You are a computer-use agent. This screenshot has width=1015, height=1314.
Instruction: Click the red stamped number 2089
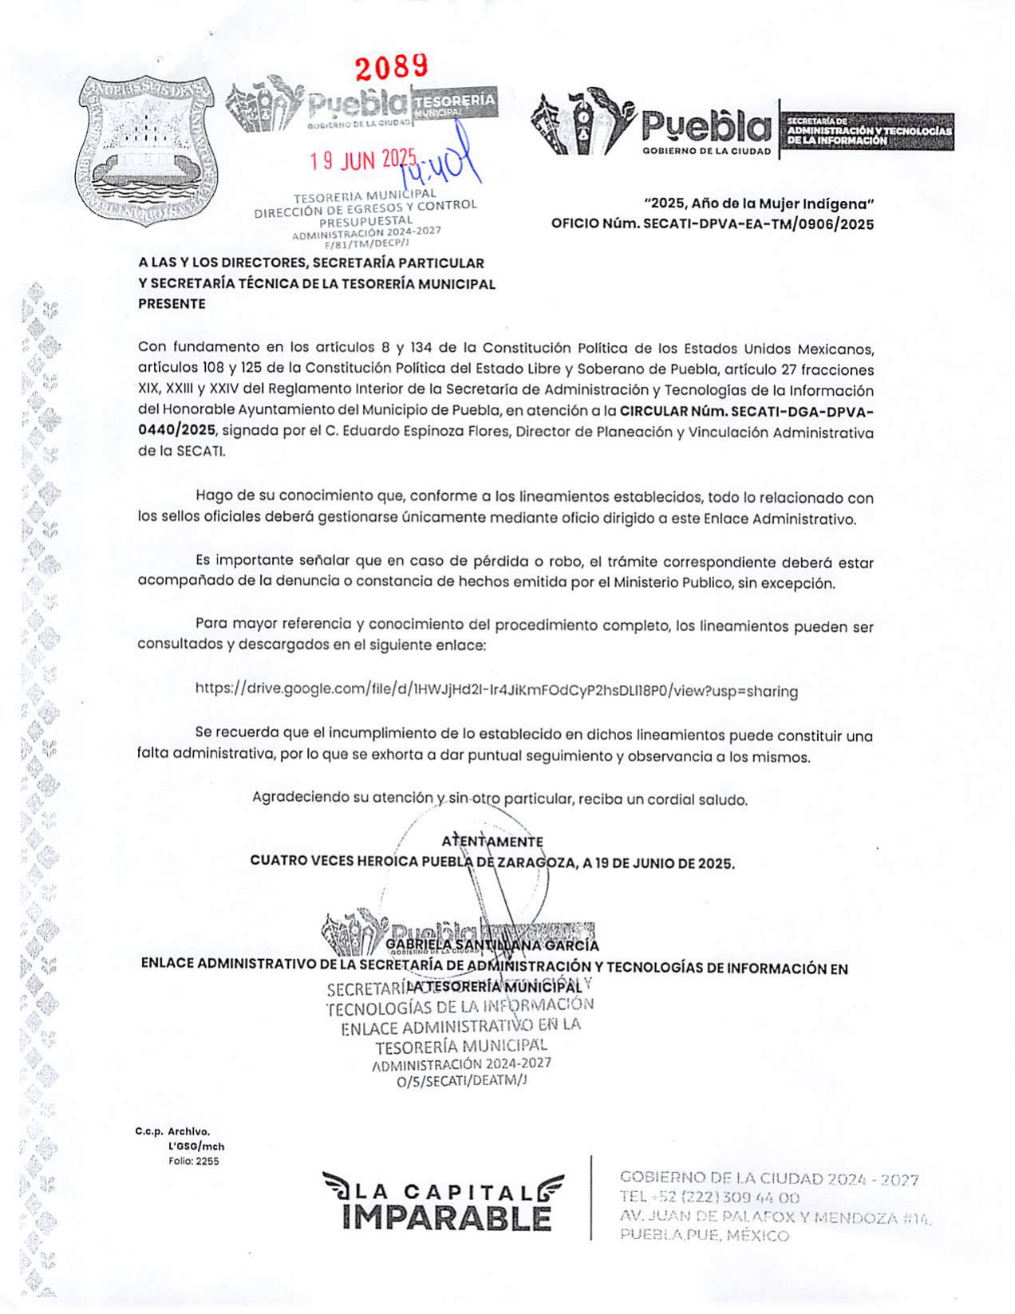[x=392, y=67]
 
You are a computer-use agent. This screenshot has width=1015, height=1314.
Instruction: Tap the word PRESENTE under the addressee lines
[x=172, y=304]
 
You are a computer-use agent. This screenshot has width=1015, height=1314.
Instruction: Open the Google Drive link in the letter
[x=496, y=690]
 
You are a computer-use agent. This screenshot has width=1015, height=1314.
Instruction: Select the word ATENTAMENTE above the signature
[x=492, y=842]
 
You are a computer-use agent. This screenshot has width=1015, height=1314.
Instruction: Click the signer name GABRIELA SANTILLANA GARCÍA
[x=492, y=946]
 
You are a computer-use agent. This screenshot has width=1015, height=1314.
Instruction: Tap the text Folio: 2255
[x=193, y=1161]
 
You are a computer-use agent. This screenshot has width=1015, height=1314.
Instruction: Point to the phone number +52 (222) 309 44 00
[x=721, y=1198]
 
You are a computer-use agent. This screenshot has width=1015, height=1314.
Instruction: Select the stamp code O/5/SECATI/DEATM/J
[x=462, y=1080]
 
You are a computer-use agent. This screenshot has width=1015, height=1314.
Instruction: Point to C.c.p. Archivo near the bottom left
[x=172, y=1131]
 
